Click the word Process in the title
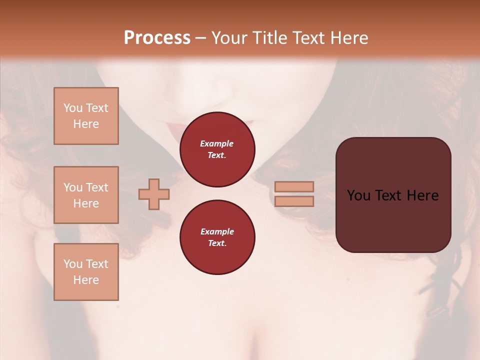(157, 38)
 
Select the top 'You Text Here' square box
(86, 116)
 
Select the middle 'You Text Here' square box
(86, 195)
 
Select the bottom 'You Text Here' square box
(86, 272)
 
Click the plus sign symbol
(154, 194)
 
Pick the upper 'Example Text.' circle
(217, 149)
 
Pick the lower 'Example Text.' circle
(217, 237)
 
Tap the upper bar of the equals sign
(294, 186)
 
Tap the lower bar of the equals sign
(294, 201)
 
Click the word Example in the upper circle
(217, 143)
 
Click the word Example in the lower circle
(217, 231)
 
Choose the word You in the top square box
(73, 108)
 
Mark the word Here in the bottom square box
(86, 280)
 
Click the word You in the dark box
(358, 195)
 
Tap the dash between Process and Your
(201, 38)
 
